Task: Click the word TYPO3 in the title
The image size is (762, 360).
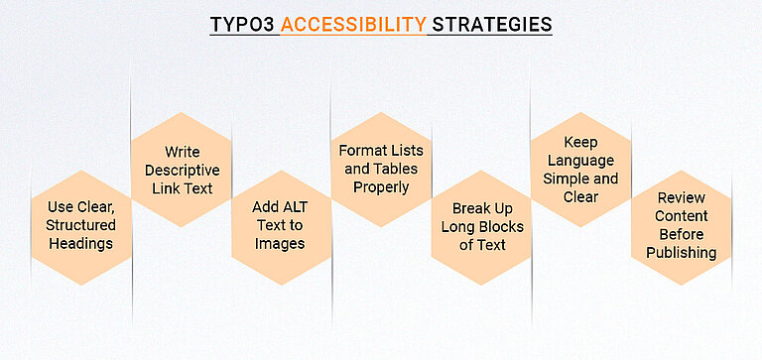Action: coord(242,24)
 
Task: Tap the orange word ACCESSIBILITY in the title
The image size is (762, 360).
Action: coord(351,24)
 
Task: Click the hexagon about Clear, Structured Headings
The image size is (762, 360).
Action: coord(80,225)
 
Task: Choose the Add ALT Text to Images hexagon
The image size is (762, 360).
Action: coord(281,225)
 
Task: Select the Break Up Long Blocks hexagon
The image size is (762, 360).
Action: coord(481,226)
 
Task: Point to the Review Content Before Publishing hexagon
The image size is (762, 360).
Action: coord(681,225)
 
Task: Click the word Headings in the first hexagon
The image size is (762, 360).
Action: coord(80,244)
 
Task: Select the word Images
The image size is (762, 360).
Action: coord(281,244)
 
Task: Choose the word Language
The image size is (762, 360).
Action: coord(581,160)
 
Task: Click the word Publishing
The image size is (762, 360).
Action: coord(681,253)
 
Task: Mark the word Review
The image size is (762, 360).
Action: coord(681,197)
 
